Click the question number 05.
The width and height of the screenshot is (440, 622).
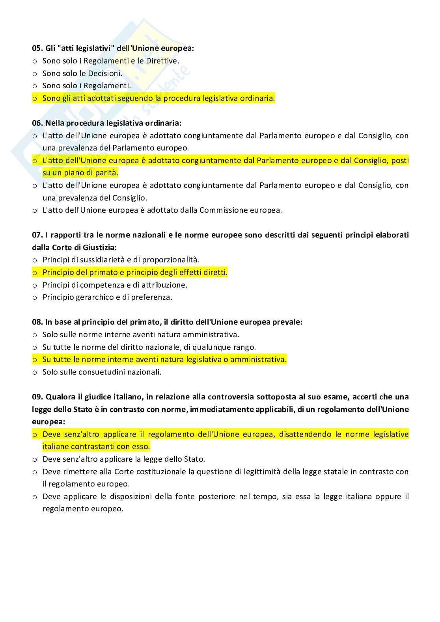point(37,48)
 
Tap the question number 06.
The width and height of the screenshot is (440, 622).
point(37,123)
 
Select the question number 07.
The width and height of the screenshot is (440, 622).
point(37,235)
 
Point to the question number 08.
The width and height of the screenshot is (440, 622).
point(37,322)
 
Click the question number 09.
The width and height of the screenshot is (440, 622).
point(37,397)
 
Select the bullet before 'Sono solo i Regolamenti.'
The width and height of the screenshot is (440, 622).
point(34,86)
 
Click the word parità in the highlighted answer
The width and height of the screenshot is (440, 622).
point(107,173)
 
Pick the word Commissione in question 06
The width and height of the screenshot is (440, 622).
point(224,210)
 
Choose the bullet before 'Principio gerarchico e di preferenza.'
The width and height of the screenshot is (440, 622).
point(34,297)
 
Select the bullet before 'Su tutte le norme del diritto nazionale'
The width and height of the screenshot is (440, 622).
point(34,347)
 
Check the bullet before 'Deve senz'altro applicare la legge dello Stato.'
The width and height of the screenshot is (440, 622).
point(34,459)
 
